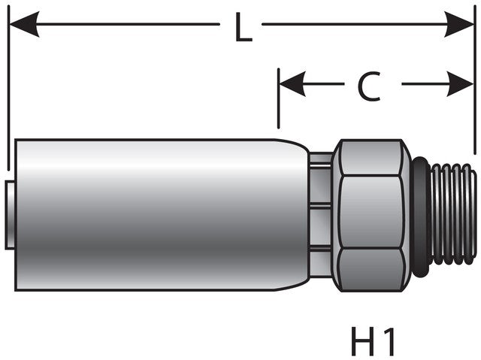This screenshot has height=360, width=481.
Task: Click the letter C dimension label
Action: [x=368, y=87]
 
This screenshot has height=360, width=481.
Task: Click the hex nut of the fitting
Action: [x=371, y=214]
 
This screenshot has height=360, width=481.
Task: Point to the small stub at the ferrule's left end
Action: [x=9, y=214]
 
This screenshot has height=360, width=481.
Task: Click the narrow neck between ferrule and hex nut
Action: [x=321, y=214]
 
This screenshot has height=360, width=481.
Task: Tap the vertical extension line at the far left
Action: [x=7, y=90]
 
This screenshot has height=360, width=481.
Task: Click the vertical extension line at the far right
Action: [x=474, y=83]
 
